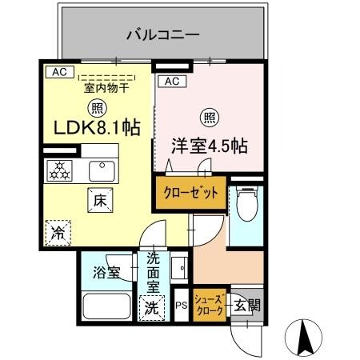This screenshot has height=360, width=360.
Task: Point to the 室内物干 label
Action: click(106, 90)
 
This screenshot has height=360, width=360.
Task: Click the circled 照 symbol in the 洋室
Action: click(208, 117)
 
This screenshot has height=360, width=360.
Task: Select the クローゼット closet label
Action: click(191, 194)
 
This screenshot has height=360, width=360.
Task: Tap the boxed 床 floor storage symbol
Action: click(100, 201)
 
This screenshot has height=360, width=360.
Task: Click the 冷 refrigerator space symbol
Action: click(59, 234)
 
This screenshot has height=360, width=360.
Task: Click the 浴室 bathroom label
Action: click(108, 273)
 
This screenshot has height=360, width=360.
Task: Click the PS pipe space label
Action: click(182, 305)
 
